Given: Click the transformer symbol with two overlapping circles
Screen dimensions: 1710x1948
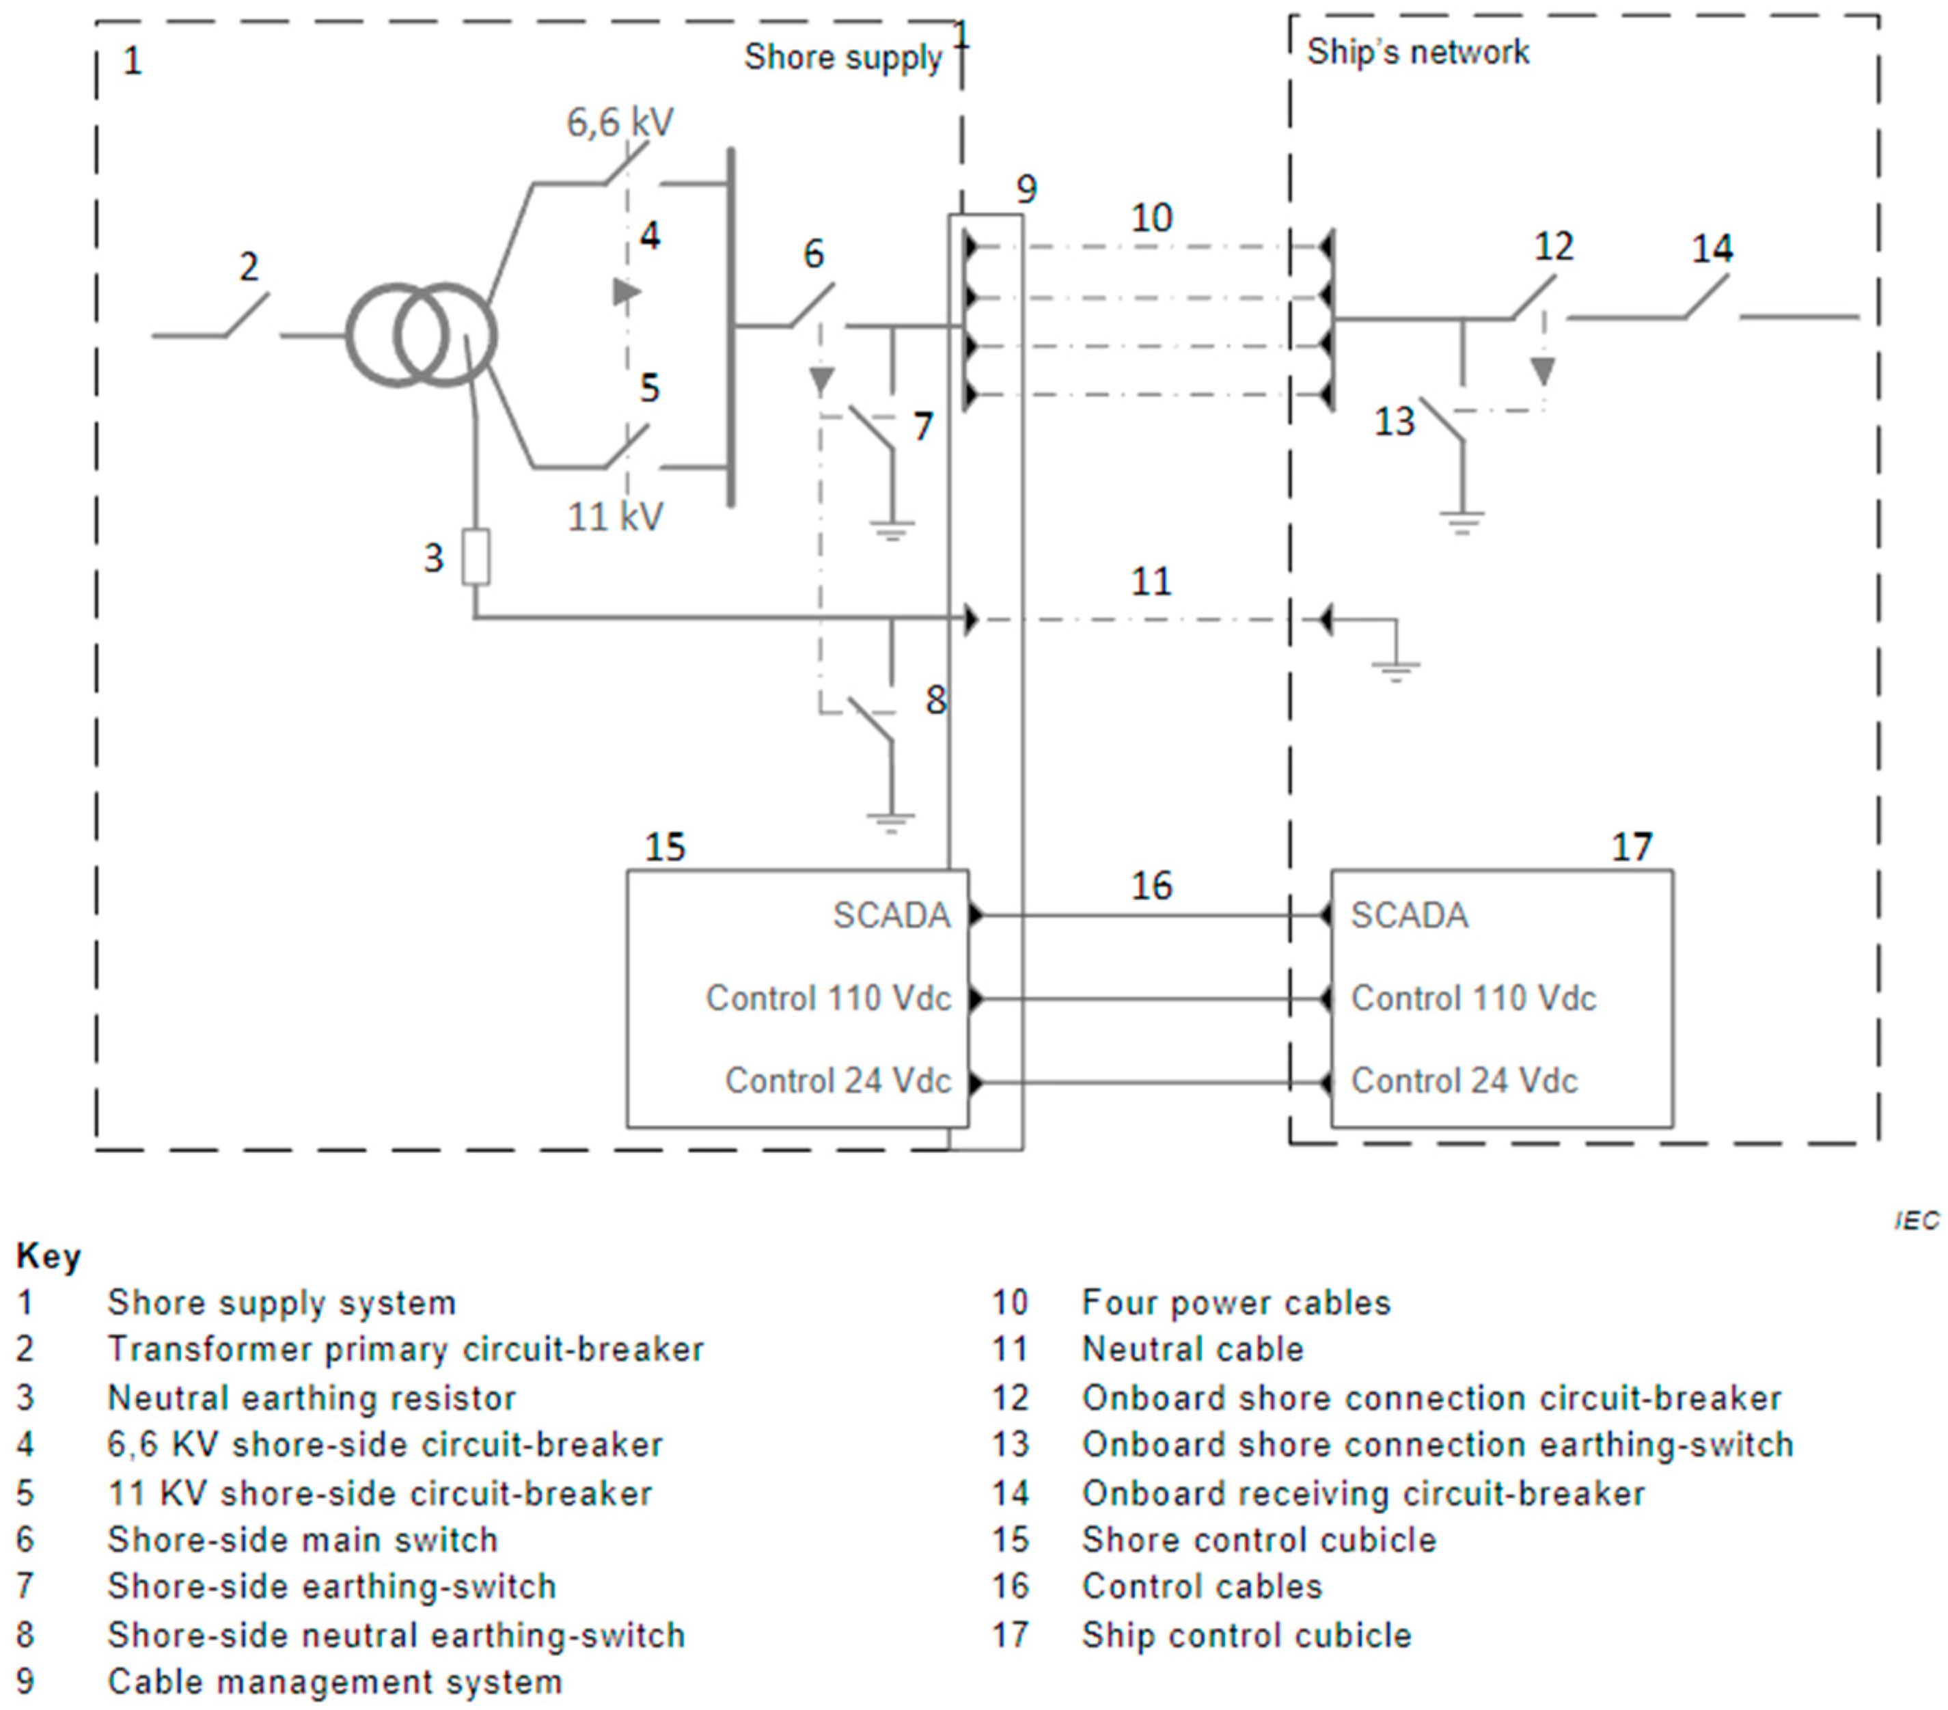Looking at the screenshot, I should (x=420, y=335).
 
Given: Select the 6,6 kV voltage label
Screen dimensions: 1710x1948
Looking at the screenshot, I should (x=620, y=122).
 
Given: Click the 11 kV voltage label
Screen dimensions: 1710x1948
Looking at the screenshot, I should (x=615, y=517).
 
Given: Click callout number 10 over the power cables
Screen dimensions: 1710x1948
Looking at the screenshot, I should (x=1151, y=218).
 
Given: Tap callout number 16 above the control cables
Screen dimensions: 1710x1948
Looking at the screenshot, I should (x=1151, y=886).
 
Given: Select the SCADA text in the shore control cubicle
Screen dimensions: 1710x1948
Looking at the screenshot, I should (x=891, y=916).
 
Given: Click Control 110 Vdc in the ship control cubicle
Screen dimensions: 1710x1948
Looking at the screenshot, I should (x=1472, y=998).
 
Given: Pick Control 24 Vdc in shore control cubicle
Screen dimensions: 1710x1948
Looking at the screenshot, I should (x=837, y=1081).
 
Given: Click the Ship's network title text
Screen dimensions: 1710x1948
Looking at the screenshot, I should (x=1416, y=51).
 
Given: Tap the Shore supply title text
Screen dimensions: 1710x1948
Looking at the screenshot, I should (x=842, y=57).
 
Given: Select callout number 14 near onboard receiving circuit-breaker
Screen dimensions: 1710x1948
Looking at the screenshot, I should (x=1712, y=249).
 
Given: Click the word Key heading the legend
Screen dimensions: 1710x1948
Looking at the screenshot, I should (x=49, y=1256).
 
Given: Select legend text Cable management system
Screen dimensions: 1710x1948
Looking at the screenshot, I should (x=335, y=1681).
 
